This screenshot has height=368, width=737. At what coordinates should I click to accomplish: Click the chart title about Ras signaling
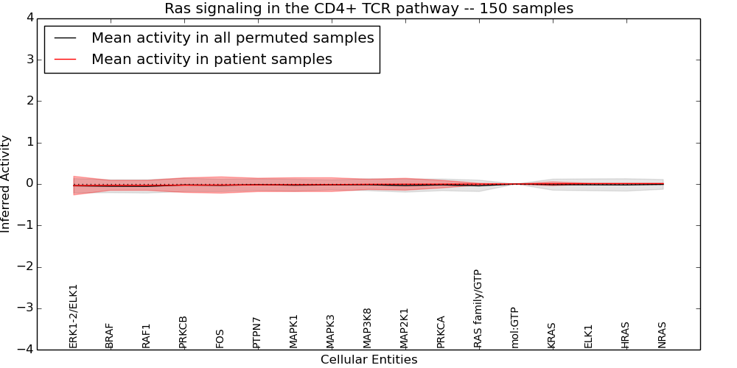pos(368,8)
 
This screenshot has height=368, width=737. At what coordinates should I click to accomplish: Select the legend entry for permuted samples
pos(232,38)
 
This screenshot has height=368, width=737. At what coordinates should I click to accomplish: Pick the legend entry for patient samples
pos(212,59)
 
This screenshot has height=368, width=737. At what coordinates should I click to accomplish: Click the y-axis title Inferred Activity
pos(6,183)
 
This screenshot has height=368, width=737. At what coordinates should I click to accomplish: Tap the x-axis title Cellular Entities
pos(368,359)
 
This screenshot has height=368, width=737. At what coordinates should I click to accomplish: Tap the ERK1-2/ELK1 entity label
pos(73,316)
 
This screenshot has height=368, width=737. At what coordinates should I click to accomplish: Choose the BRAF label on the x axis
pos(110,335)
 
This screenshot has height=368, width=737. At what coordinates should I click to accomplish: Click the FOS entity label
pos(220,338)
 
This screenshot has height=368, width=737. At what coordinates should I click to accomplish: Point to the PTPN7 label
pos(257,332)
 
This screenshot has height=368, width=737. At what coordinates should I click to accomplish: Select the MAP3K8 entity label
pos(368,328)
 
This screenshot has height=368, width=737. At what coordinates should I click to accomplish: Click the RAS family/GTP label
pos(478,308)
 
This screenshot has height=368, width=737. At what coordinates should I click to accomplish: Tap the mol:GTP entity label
pos(515,327)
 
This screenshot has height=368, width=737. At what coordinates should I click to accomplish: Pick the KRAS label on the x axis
pos(552,335)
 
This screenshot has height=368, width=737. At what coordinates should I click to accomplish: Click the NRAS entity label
pos(663,335)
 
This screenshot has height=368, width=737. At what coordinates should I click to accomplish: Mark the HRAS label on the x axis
pos(626,335)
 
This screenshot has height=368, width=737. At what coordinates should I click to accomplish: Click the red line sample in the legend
pos(65,59)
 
